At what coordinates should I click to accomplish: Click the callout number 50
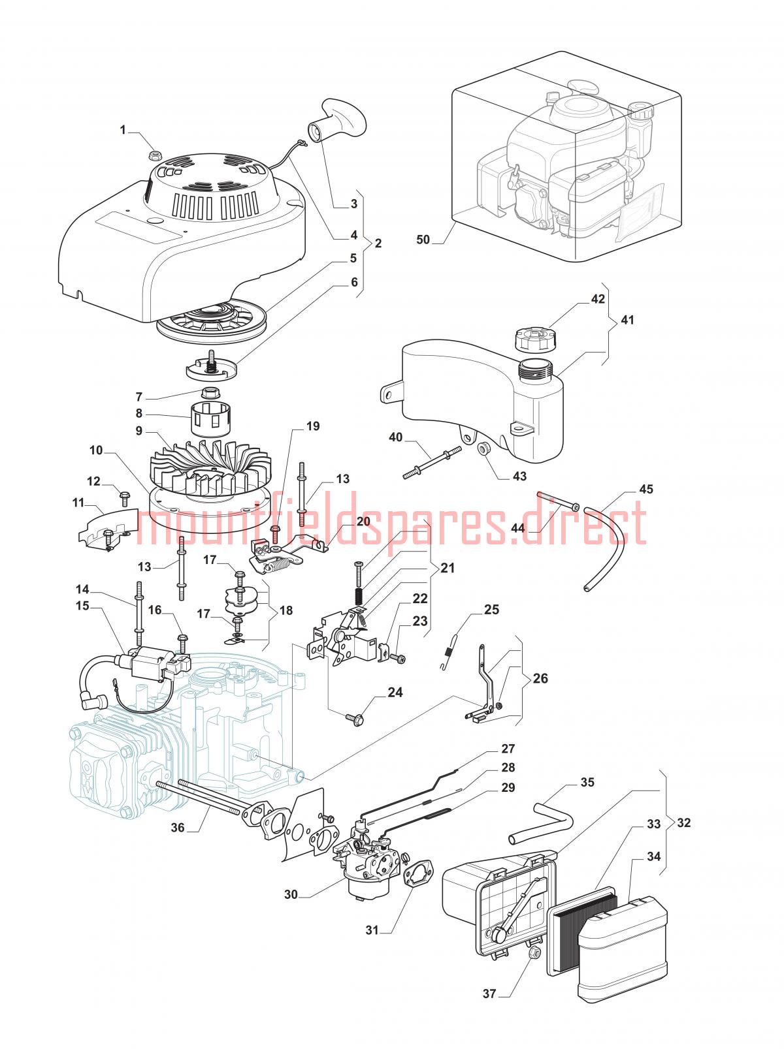click(x=423, y=240)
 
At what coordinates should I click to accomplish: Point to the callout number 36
click(x=178, y=828)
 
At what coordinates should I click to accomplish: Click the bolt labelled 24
click(x=357, y=719)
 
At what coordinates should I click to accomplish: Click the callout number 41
click(x=627, y=320)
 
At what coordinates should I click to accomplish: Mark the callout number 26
click(x=540, y=678)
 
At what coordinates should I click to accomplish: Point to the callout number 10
click(x=96, y=450)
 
